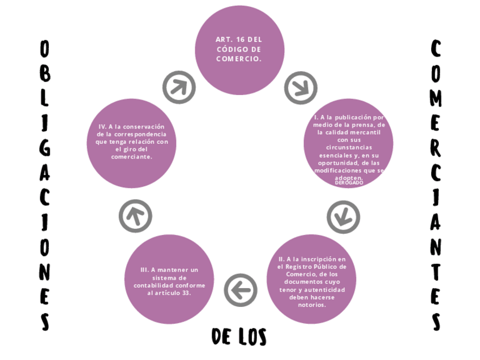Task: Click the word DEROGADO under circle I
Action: coord(349,183)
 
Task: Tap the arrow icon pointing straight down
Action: coord(343,217)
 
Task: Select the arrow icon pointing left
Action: coord(241,290)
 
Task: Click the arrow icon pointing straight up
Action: coord(135,216)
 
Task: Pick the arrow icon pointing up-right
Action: coord(179,87)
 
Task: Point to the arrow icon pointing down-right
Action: coord(301,87)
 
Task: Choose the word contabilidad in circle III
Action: coord(153,285)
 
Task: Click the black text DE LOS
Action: coord(239,337)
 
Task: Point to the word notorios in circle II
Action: coord(311,305)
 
